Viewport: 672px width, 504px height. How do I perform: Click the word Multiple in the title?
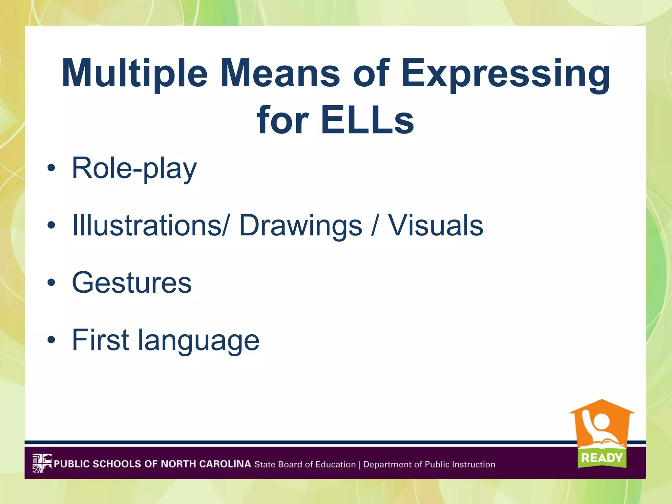pos(135,74)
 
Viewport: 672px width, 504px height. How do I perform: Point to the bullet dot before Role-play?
pos(51,168)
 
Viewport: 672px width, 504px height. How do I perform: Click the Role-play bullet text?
pos(134,168)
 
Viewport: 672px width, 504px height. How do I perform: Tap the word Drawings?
pos(301,226)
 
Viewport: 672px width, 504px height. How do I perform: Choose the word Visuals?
pos(436,225)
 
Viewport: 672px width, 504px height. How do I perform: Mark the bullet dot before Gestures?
pos(51,283)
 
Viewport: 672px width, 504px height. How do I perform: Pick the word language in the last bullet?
pos(199,341)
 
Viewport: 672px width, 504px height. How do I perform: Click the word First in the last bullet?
pos(100,340)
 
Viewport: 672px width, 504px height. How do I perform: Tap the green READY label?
pos(602,457)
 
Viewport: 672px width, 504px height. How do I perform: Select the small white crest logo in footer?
pos(42,463)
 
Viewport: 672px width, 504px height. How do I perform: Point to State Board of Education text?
pos(305,464)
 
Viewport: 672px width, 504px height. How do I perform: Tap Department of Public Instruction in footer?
pos(429,464)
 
